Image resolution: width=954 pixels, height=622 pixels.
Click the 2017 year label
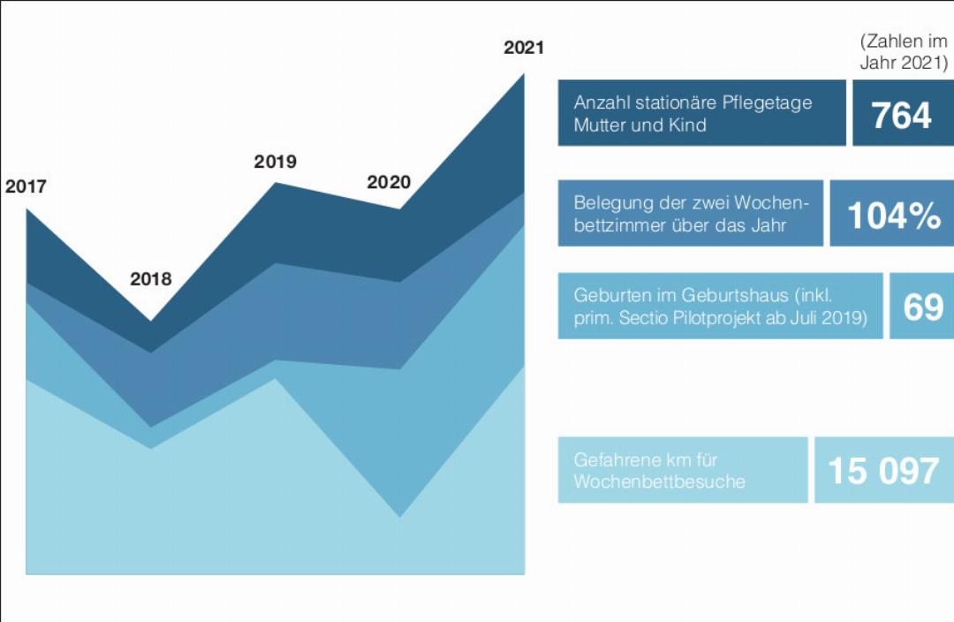pyautogui.click(x=26, y=186)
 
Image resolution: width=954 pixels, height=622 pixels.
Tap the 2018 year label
pyautogui.click(x=151, y=279)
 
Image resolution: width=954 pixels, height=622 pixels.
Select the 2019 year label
pyautogui.click(x=275, y=162)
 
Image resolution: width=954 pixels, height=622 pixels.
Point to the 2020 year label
pyautogui.click(x=389, y=183)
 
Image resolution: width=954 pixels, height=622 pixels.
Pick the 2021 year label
pyautogui.click(x=524, y=48)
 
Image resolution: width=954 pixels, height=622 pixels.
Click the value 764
pyautogui.click(x=901, y=115)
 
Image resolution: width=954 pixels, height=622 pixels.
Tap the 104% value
pyautogui.click(x=894, y=216)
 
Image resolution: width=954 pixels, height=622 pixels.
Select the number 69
pyautogui.click(x=923, y=307)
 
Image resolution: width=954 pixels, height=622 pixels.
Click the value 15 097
pyautogui.click(x=883, y=471)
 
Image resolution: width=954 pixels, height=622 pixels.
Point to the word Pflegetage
pyautogui.click(x=767, y=102)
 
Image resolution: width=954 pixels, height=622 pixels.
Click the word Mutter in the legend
pyautogui.click(x=601, y=125)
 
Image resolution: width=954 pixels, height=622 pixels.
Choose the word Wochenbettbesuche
pyautogui.click(x=660, y=482)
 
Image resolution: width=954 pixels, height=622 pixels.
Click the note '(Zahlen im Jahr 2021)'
pyautogui.click(x=904, y=52)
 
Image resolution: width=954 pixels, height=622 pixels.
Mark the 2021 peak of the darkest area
pyautogui.click(x=523, y=75)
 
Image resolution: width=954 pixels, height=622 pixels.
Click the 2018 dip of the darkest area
pyautogui.click(x=150, y=320)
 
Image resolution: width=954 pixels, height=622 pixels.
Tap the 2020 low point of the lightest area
pyautogui.click(x=400, y=517)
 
